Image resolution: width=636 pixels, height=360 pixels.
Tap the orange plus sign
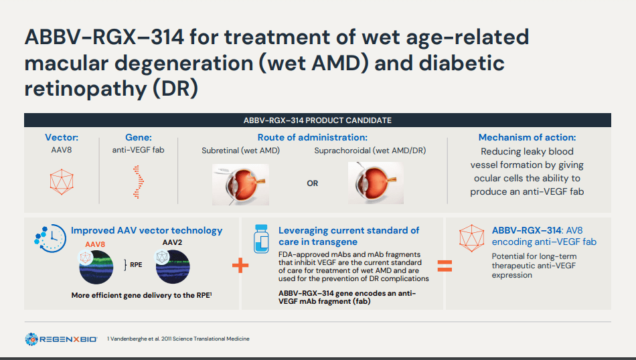click(x=240, y=266)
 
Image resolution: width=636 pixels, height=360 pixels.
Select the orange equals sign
click(x=444, y=266)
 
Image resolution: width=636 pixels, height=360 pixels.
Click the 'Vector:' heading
click(x=62, y=137)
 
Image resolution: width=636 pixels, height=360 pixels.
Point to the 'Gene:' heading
click(x=139, y=137)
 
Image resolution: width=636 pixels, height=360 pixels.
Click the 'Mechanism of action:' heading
click(x=527, y=137)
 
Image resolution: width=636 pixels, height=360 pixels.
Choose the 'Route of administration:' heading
click(x=312, y=137)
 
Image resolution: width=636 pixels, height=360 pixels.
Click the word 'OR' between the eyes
click(x=313, y=183)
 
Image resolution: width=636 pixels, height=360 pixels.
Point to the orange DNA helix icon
click(x=138, y=181)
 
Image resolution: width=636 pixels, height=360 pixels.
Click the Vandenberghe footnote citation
click(x=178, y=339)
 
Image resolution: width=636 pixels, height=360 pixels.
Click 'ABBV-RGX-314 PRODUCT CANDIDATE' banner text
click(x=317, y=120)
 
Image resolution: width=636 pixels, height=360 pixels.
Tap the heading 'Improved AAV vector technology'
click(x=147, y=230)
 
